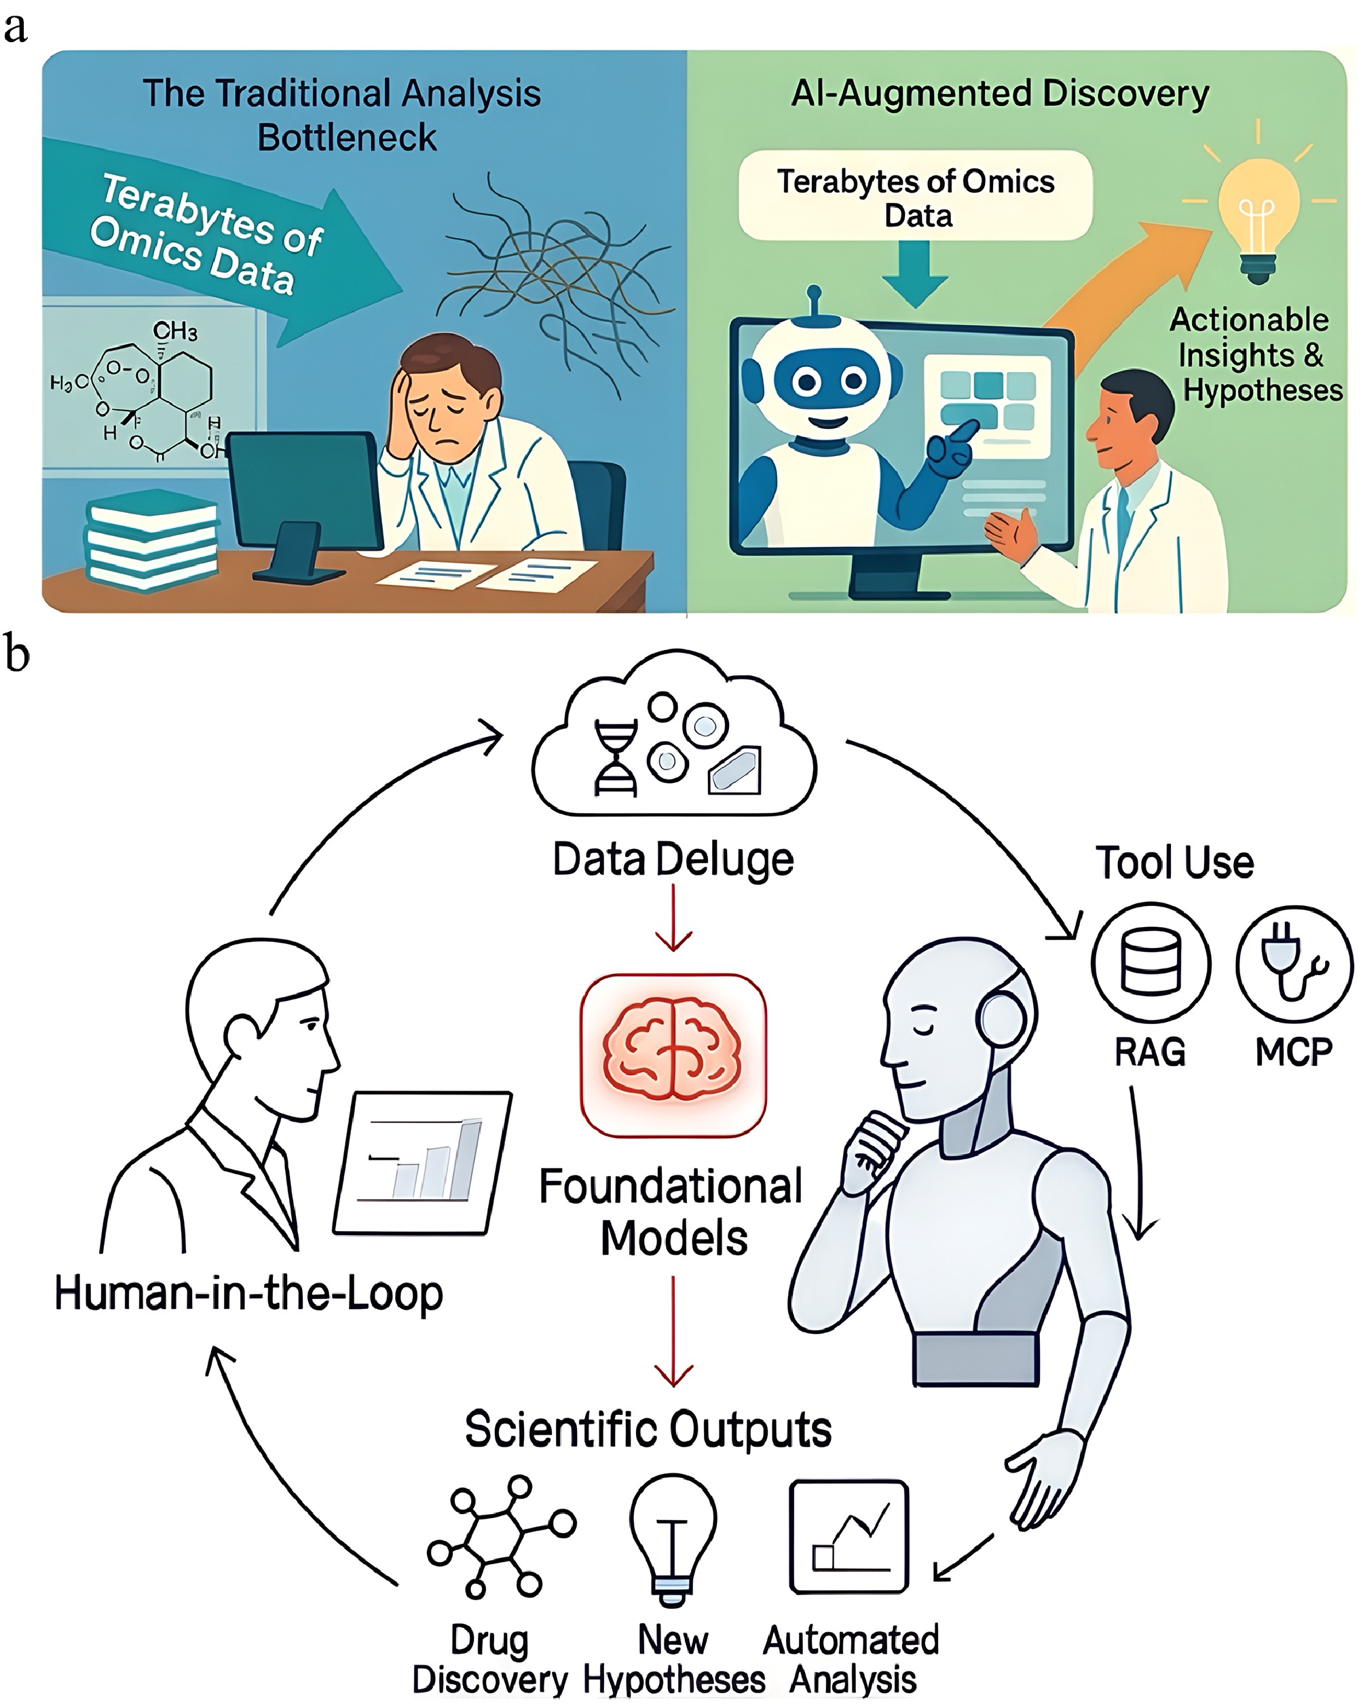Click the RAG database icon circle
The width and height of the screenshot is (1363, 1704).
[x=1151, y=964]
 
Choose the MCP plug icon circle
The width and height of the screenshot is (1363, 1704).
[x=1294, y=964]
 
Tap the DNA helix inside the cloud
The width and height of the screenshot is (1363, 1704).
[x=616, y=758]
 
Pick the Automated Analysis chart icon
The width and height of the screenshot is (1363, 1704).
[x=849, y=1537]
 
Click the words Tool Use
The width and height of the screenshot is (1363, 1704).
[x=1174, y=863]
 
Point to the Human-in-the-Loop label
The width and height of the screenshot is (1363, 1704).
[x=248, y=1294]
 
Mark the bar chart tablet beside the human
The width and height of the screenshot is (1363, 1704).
[x=423, y=1162]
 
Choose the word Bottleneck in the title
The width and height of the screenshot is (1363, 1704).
[x=347, y=138]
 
